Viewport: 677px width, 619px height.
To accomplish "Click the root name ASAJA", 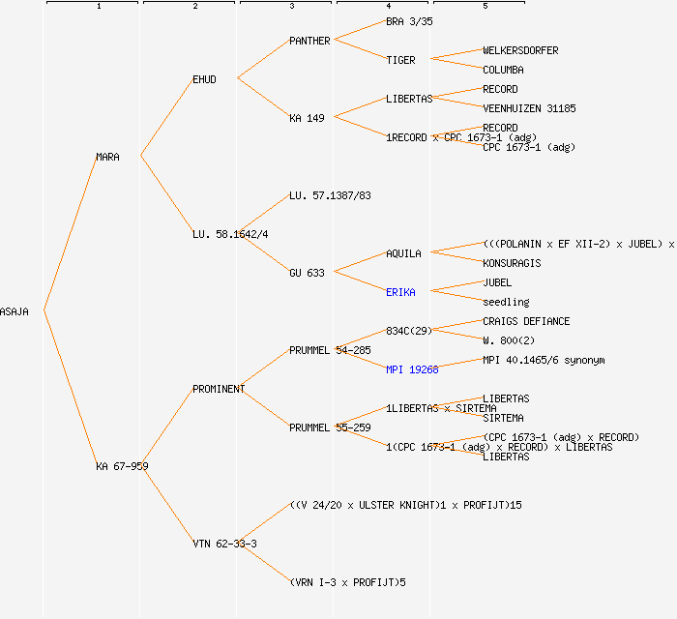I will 15,311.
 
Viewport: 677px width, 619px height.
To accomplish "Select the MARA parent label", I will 107,157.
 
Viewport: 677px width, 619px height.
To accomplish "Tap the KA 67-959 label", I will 122,466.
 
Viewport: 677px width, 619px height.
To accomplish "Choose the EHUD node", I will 204,79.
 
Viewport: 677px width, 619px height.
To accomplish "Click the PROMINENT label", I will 219,389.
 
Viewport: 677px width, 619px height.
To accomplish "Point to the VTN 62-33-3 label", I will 224,544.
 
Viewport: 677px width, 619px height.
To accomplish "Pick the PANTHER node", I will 309,41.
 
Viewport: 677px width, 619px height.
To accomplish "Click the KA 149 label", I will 307,118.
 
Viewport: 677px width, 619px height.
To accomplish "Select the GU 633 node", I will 307,273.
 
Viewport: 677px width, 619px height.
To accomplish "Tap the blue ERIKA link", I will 400,292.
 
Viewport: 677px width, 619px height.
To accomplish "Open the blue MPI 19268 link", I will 412,369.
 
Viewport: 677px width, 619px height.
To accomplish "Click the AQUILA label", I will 403,253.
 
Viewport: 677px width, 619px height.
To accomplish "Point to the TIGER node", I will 400,60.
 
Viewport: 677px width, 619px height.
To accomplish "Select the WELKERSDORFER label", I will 520,50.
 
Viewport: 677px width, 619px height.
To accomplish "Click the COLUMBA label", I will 503,70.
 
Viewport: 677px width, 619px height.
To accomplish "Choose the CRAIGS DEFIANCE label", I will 526,321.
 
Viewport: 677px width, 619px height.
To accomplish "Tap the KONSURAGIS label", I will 512,263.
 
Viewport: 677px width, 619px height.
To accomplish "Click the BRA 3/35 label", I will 409,21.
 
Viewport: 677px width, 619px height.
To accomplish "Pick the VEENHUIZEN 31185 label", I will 529,108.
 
